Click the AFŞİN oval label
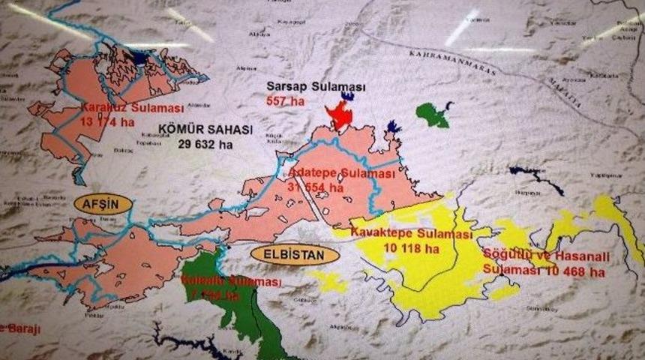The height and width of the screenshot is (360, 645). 103,203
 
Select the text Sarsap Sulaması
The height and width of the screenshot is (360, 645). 316,87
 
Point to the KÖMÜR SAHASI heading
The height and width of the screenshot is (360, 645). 205,130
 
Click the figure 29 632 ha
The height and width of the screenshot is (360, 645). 205,144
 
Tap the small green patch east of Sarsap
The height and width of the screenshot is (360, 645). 433,115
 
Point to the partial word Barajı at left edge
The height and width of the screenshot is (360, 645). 19,328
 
